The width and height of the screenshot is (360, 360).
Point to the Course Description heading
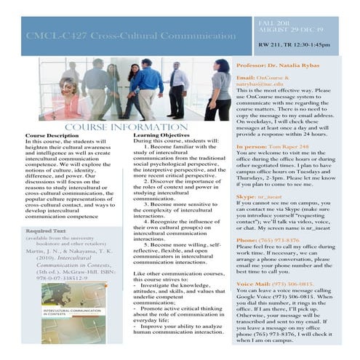point(52,136)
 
